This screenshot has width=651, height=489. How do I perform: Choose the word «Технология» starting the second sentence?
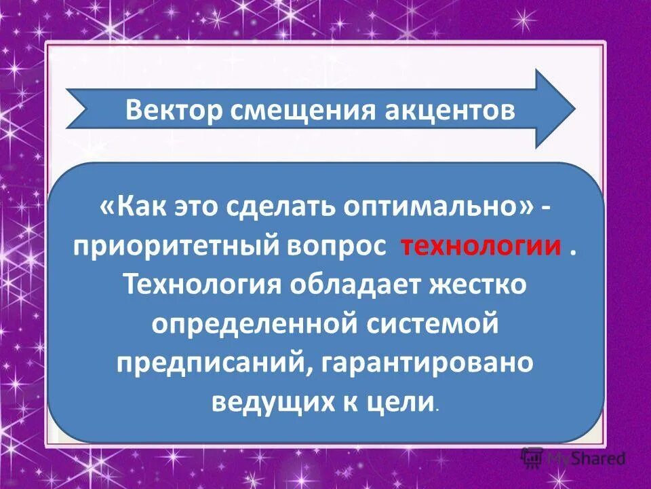[204, 284]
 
